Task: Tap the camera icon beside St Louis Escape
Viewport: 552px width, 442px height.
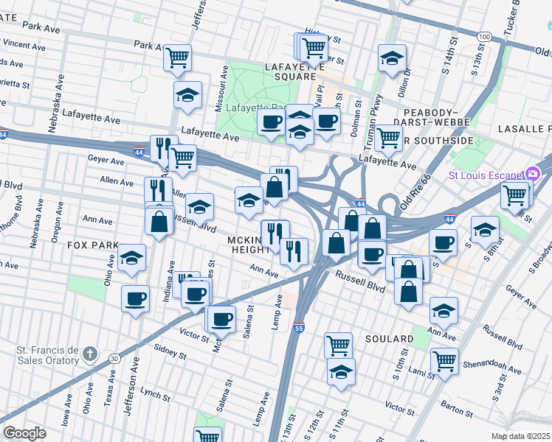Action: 533,175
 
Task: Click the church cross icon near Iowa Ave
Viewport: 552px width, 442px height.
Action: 90,354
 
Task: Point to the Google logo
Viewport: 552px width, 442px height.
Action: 24,433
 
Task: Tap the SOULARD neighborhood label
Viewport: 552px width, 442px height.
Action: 388,339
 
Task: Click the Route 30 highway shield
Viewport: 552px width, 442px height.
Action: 114,358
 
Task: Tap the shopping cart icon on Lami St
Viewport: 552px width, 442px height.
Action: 445,361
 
